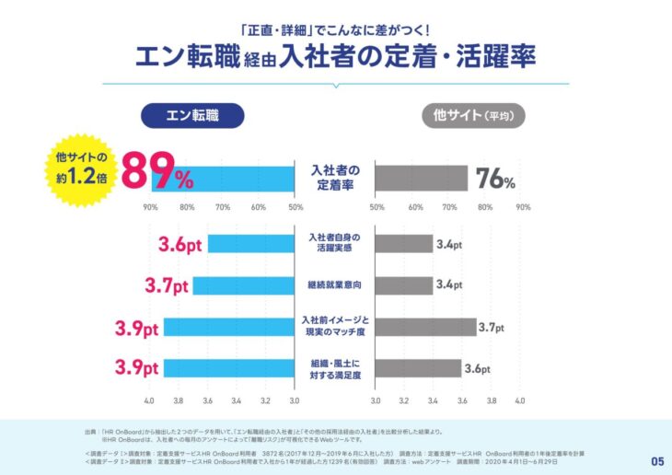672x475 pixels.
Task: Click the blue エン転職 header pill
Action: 191,115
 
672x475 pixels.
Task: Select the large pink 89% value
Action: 157,171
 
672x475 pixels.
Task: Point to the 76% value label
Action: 495,178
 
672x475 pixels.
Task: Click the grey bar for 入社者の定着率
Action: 422,179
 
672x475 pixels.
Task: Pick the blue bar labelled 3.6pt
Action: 250,245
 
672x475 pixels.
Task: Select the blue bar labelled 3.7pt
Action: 243,285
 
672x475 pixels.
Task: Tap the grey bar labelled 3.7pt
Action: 426,327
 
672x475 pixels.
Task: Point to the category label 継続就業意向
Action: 335,285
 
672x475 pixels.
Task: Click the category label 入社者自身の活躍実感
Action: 335,243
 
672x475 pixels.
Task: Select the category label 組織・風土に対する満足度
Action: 335,368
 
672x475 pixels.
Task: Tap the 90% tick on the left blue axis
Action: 150,208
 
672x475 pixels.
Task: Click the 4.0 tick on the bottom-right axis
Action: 519,402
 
